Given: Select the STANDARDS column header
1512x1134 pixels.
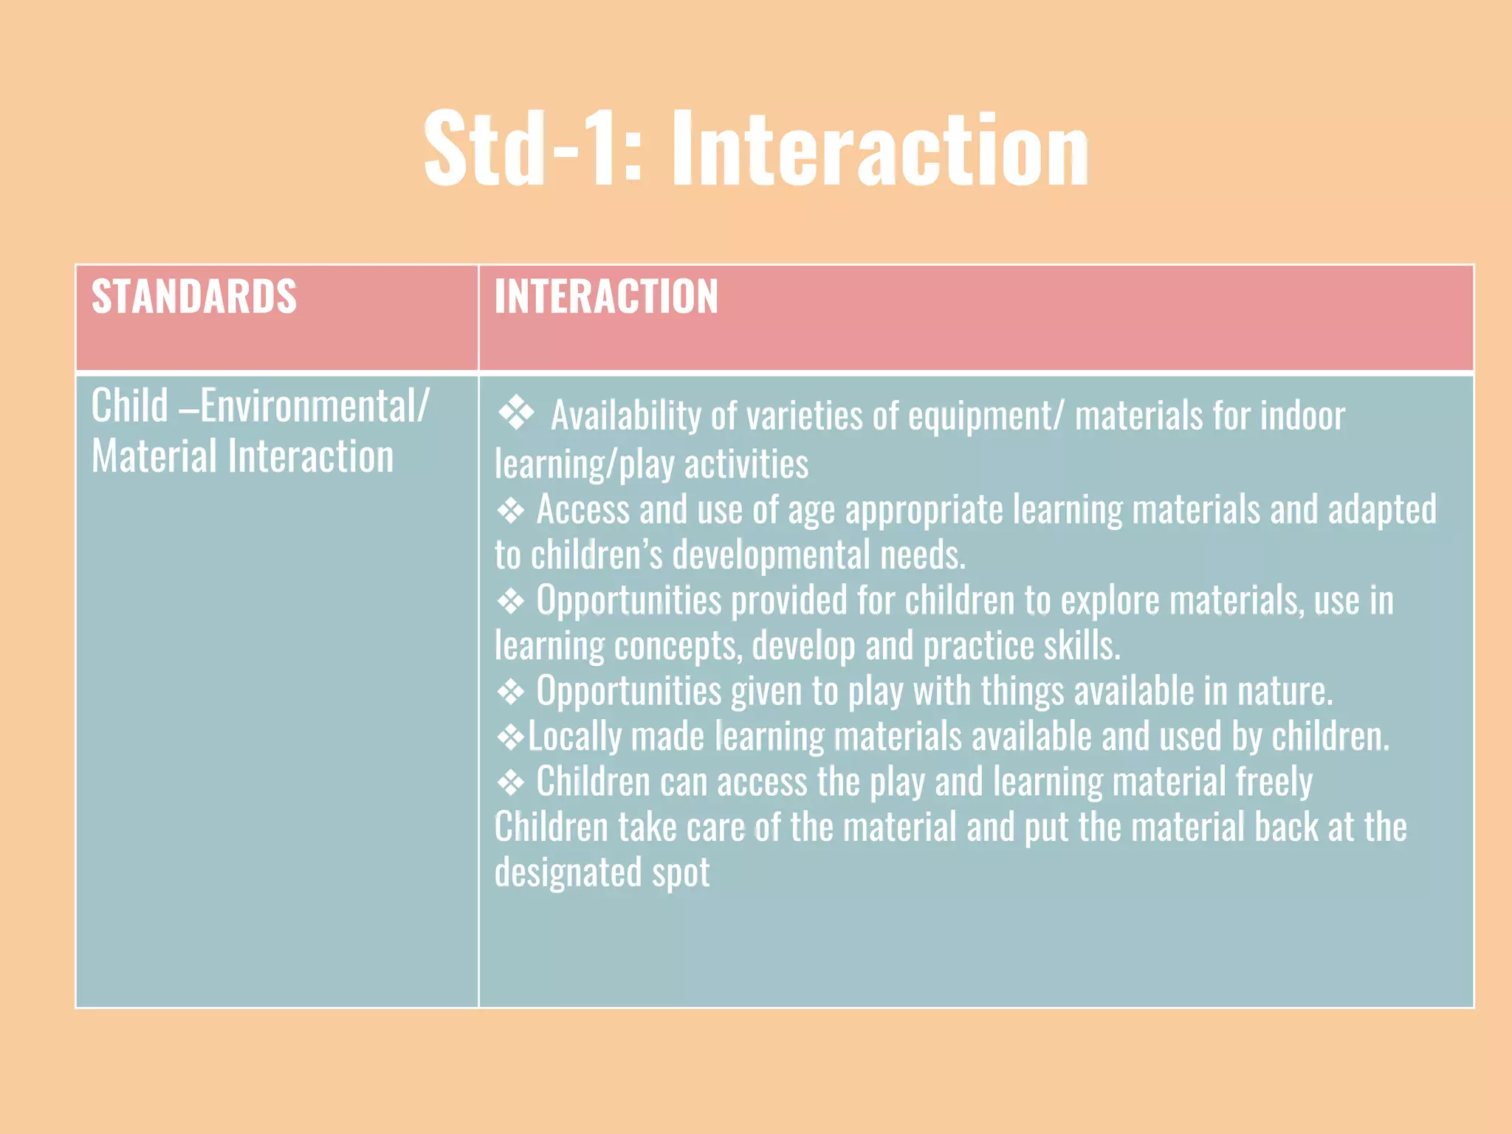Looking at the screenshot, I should pyautogui.click(x=194, y=297).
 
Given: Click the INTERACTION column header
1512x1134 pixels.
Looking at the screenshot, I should pyautogui.click(x=606, y=297).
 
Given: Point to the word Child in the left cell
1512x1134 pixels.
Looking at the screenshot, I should pyautogui.click(x=130, y=406).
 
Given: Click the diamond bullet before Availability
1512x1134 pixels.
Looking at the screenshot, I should pyautogui.click(x=516, y=413).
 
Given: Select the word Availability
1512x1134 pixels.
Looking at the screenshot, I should pyautogui.click(x=626, y=416).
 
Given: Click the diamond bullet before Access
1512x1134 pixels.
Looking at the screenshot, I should pyautogui.click(x=511, y=510).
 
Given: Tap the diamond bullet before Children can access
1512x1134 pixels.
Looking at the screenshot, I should pyautogui.click(x=511, y=782).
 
